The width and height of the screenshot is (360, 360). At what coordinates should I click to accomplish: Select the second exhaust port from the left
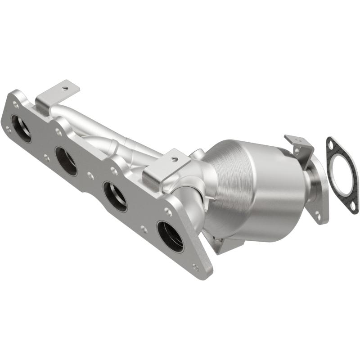[x=66, y=161]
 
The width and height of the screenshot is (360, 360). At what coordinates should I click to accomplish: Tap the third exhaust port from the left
[x=115, y=196]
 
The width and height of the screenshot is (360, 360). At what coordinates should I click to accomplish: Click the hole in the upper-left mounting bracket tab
[x=66, y=89]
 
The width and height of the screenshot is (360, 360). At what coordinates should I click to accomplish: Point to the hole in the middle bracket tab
[x=175, y=159]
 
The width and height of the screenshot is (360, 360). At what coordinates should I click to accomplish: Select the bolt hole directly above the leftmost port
[x=16, y=104]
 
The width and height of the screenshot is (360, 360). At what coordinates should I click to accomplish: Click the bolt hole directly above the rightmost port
[x=167, y=211]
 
